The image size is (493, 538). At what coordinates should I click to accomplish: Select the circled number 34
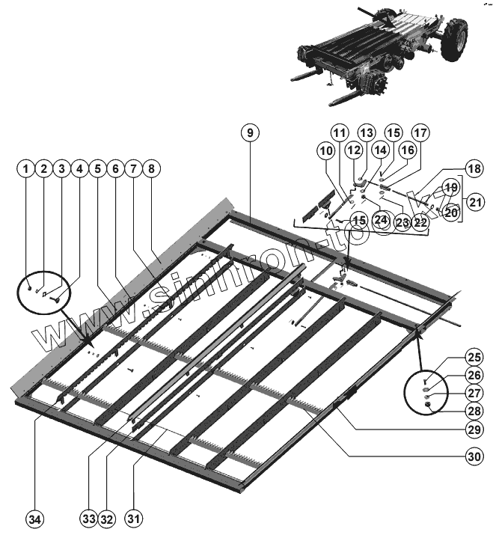pyautogui.click(x=34, y=518)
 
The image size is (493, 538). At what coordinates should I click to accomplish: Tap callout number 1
pyautogui.click(x=26, y=169)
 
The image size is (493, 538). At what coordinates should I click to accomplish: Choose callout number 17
pyautogui.click(x=420, y=132)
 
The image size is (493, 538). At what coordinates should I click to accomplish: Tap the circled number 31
pyautogui.click(x=134, y=518)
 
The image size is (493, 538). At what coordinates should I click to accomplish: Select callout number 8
pyautogui.click(x=152, y=169)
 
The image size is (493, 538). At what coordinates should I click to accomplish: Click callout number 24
pyautogui.click(x=382, y=220)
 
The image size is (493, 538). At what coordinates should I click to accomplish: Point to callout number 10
pyautogui.click(x=325, y=150)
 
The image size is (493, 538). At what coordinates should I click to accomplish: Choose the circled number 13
pyautogui.click(x=367, y=132)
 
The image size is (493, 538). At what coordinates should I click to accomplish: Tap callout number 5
pyautogui.click(x=98, y=169)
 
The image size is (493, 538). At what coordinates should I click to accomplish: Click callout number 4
pyautogui.click(x=80, y=169)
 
